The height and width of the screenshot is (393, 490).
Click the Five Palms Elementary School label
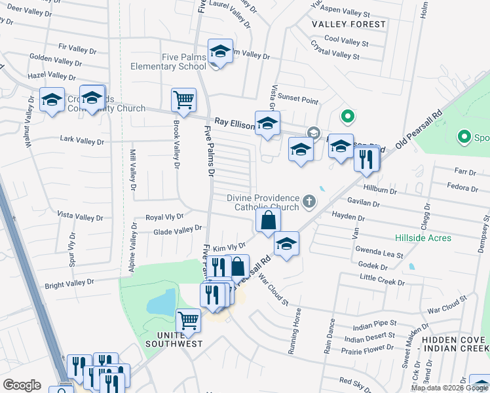pos(168,62)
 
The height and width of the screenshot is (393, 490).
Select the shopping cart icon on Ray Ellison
pos(183,100)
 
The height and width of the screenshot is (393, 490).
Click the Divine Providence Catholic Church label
pos(263,202)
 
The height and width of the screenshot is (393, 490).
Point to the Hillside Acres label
pos(423,238)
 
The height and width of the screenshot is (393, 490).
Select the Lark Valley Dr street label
pos(81,140)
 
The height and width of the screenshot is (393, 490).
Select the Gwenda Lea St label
pos(379,252)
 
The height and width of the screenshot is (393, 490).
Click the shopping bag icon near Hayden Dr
pos(268,221)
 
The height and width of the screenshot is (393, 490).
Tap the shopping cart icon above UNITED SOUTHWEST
pos(189,321)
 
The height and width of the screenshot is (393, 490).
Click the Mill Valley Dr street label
pos(132,171)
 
